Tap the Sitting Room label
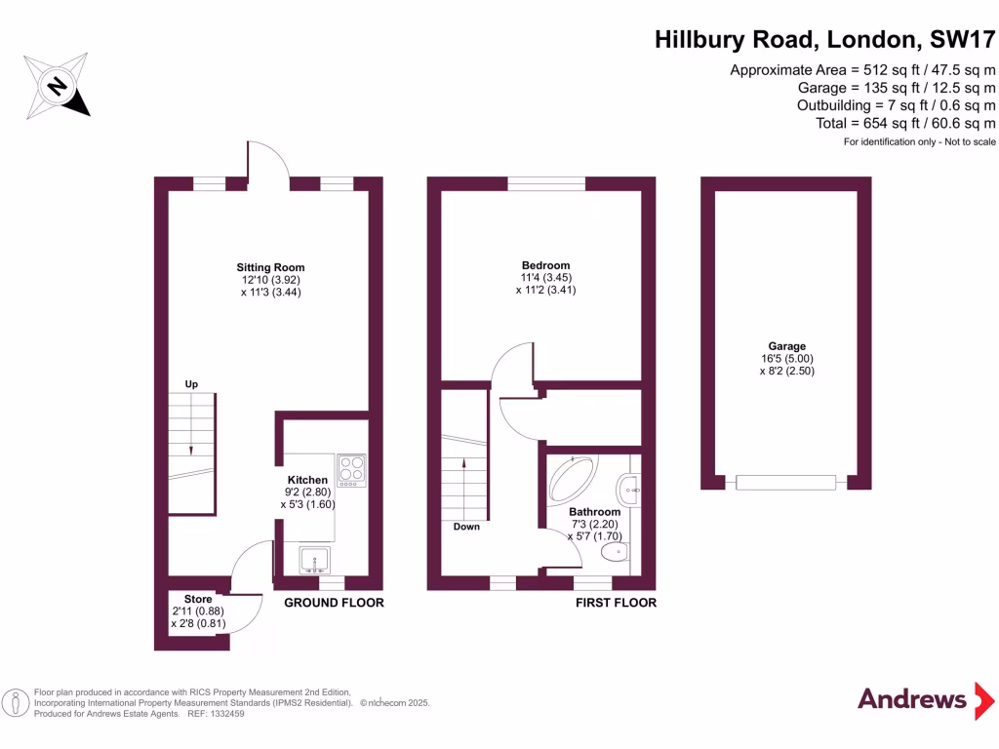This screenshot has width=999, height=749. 270,267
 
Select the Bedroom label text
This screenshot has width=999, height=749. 545,265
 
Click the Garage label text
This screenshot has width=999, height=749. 786,346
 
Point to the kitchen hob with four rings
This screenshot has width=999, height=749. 351,471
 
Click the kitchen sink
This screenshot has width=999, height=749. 314,560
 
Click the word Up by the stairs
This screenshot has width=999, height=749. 191,384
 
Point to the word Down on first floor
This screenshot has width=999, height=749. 466,527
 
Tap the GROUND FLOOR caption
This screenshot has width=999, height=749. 334,603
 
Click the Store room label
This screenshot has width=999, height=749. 198,599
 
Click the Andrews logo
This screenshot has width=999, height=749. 911,699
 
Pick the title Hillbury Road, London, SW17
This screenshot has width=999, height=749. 824,40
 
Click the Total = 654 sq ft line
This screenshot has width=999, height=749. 905,123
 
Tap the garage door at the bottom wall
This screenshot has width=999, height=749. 785,482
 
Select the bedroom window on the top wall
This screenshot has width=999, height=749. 546,183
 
